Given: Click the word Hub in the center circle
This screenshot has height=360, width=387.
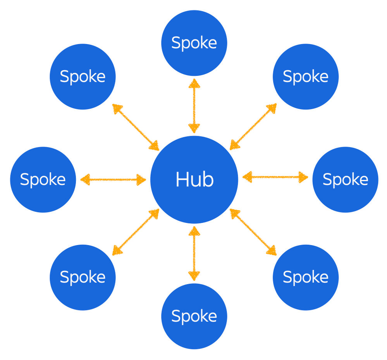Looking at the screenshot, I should click(194, 180).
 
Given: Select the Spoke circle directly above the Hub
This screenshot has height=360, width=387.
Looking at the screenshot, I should click(194, 43).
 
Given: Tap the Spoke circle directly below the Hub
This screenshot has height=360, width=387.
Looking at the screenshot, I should click(194, 316).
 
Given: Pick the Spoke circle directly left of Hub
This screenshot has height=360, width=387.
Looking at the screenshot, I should click(43, 180).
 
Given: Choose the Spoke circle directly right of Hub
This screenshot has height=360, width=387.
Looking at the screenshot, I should click(345, 180).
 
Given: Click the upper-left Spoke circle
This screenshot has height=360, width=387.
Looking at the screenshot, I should click(83, 77).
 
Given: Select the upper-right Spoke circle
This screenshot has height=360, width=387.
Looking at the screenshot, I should click(306, 77).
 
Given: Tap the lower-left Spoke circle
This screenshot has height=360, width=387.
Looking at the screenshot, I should click(83, 277).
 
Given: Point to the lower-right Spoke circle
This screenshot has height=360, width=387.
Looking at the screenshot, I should click(306, 277).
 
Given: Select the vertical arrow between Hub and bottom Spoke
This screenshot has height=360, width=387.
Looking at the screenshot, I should click(194, 254).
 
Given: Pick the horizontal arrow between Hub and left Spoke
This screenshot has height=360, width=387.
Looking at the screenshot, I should click(113, 179).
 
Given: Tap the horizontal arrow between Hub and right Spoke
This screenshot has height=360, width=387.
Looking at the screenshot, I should click(275, 177).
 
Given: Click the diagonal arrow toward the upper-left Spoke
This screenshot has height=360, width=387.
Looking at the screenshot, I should click(136, 127).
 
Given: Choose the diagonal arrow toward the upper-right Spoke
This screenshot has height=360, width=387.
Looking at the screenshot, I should click(253, 127).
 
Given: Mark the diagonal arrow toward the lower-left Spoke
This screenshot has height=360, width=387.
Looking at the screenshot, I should click(136, 232).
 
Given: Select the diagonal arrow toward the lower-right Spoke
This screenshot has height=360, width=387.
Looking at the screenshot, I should click(253, 232).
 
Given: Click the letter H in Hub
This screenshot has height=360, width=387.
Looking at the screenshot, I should click(182, 180).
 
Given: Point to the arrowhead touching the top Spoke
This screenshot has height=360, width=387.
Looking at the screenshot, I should click(194, 83).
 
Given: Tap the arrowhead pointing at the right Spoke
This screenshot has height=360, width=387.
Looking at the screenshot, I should click(303, 178).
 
